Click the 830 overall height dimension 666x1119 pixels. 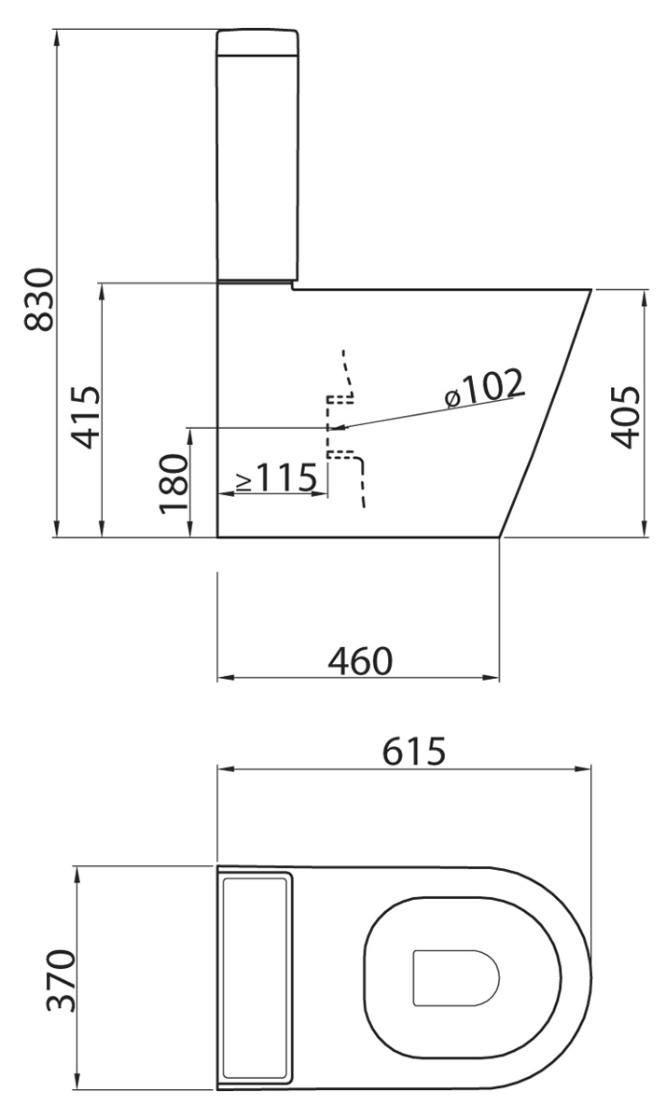[39, 299]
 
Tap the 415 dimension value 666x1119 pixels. [86, 417]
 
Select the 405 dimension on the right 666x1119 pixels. [625, 417]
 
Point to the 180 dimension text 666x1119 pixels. [173, 484]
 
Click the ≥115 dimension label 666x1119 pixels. [277, 477]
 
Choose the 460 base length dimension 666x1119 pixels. [360, 661]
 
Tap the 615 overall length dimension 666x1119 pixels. [414, 751]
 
